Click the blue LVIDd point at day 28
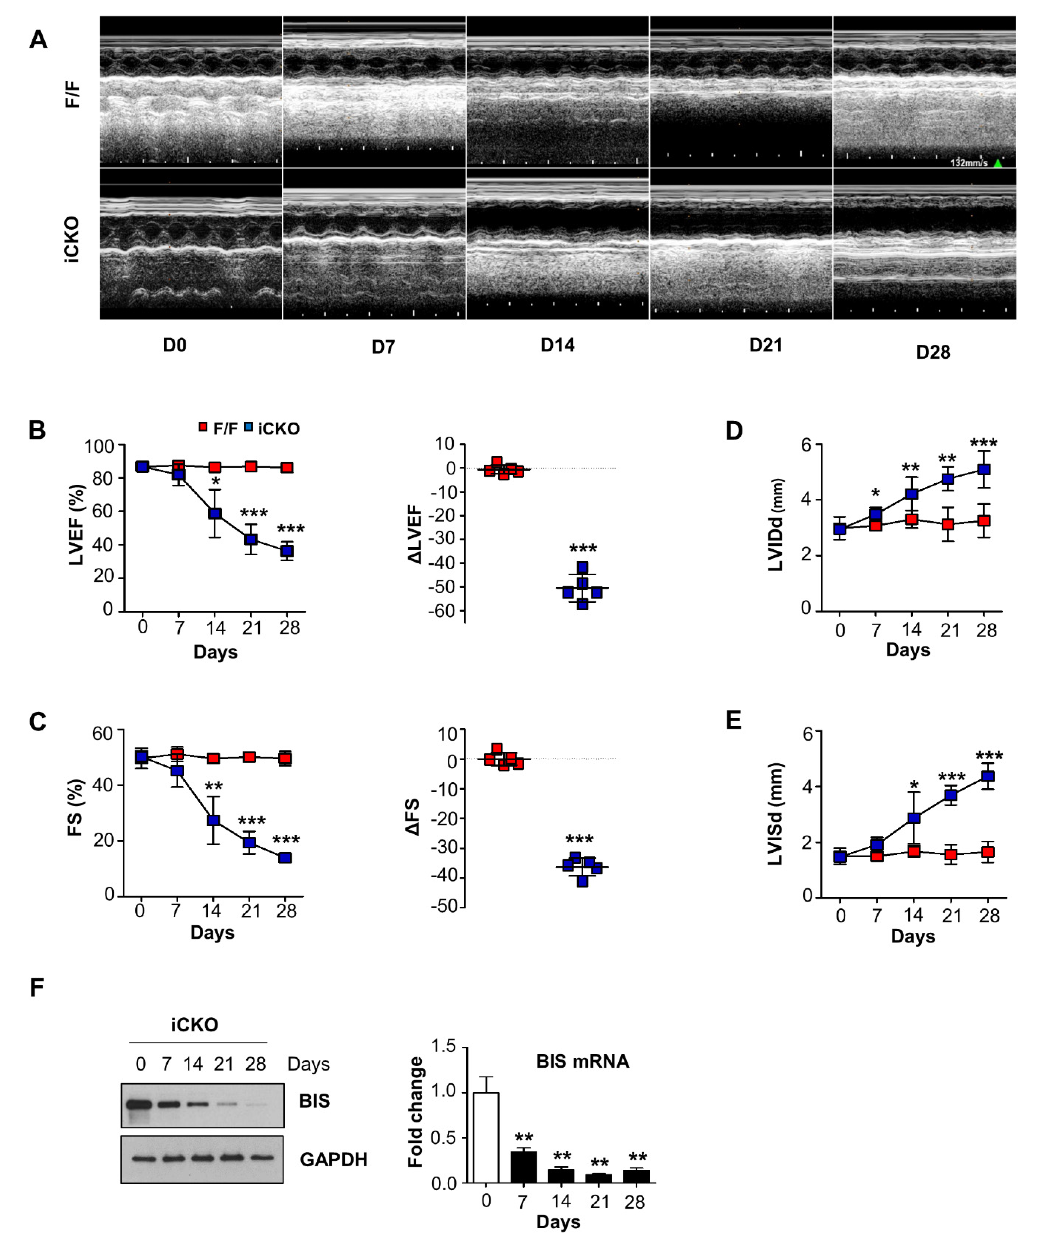click(x=984, y=469)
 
